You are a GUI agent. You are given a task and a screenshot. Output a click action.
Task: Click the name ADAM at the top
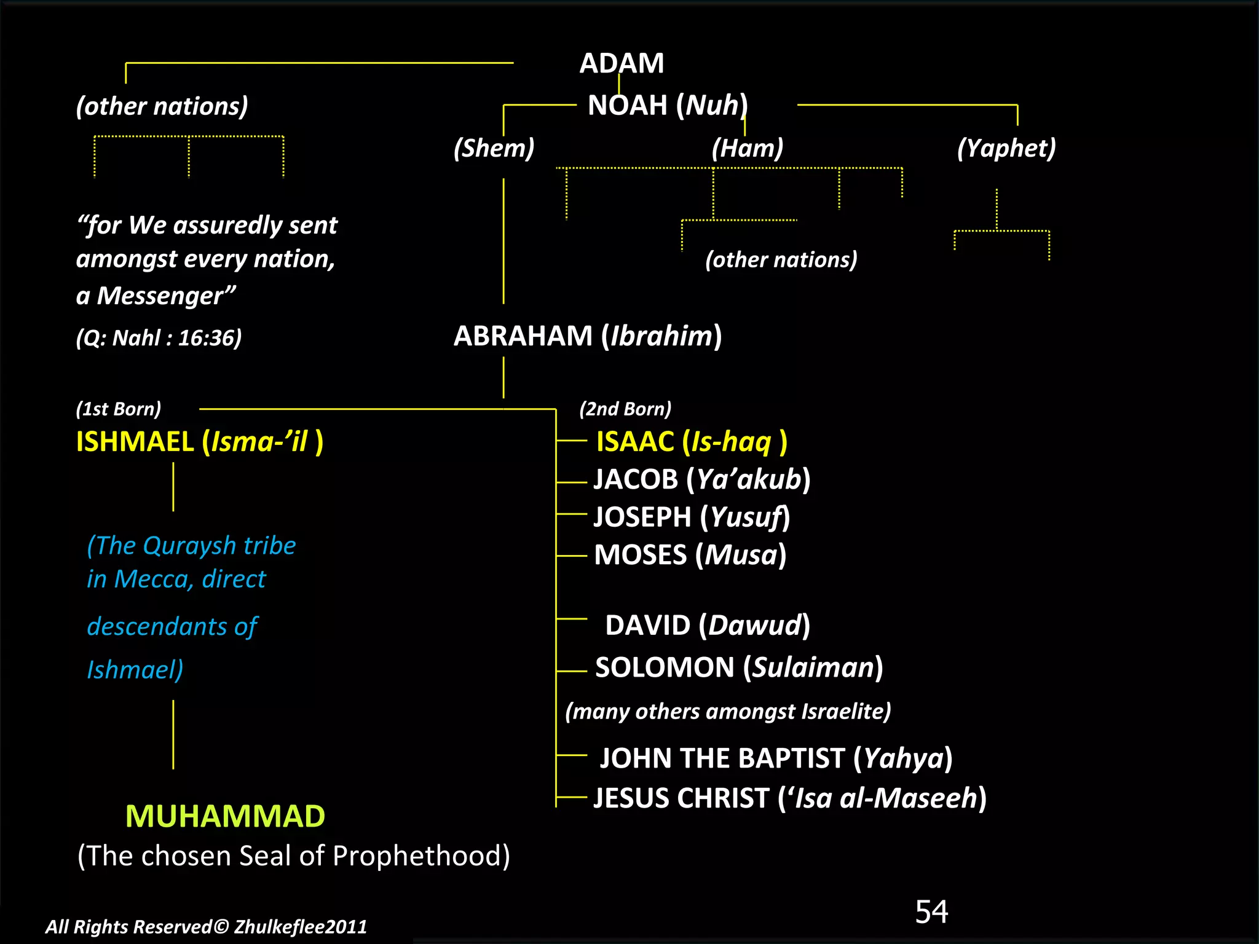[622, 63]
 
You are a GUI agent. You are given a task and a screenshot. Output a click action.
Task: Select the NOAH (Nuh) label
[667, 105]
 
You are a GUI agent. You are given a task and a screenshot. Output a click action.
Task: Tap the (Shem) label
[494, 148]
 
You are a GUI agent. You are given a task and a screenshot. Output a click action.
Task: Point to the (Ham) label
[747, 148]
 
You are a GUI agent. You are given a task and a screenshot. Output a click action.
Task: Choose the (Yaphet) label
[1006, 148]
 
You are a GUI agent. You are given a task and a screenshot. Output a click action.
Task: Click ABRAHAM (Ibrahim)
[587, 336]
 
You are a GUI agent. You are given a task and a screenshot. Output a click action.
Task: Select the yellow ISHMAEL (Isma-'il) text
[199, 441]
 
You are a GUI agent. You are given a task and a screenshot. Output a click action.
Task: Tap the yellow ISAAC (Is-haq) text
[691, 441]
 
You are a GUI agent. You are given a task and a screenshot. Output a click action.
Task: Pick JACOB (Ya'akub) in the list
[701, 479]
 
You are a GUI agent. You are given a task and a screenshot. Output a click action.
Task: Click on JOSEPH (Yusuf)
[691, 517]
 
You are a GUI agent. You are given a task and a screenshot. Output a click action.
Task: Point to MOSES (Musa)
[690, 555]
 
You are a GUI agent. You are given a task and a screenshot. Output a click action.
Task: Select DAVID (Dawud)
[707, 626]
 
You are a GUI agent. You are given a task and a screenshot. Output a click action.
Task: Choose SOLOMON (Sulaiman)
[738, 667]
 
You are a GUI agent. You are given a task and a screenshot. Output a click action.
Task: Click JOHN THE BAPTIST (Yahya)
[776, 758]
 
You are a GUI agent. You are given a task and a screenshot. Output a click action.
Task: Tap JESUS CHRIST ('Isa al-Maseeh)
[789, 798]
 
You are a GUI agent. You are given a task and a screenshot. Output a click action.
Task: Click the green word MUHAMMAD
[225, 816]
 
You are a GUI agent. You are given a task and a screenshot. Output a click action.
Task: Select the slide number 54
[931, 911]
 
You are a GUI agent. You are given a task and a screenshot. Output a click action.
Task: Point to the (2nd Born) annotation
[625, 409]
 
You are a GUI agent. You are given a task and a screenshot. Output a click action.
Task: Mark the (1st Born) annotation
[118, 409]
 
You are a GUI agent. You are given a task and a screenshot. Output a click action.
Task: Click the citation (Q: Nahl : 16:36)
[159, 338]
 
